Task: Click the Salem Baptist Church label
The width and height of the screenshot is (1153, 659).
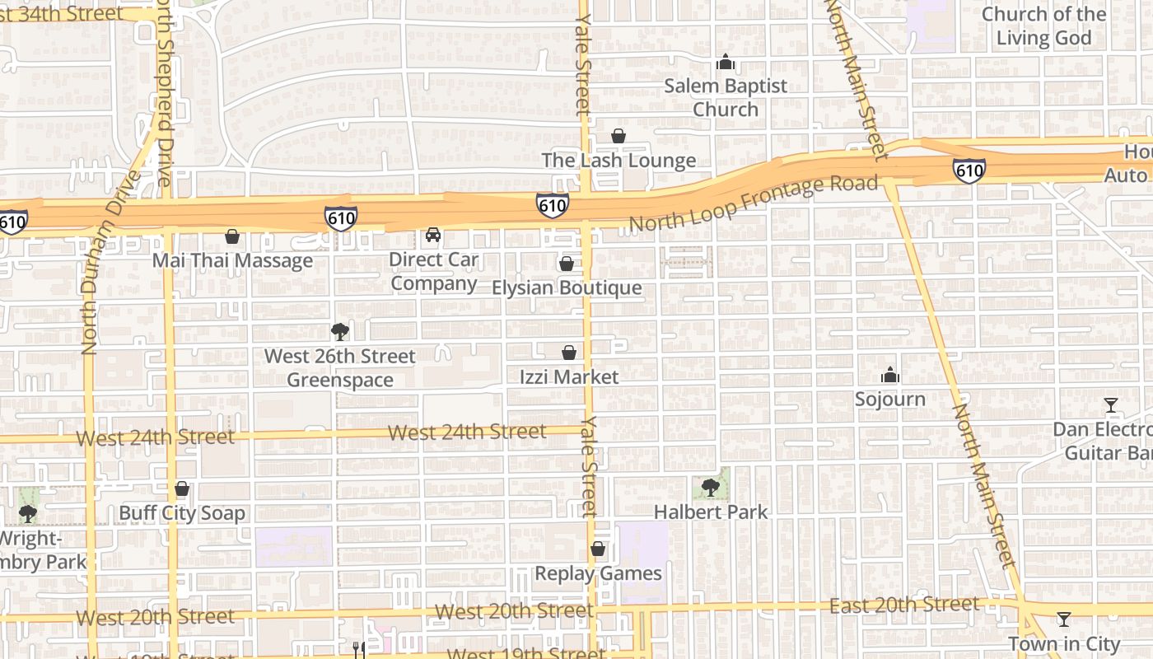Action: pyautogui.click(x=726, y=97)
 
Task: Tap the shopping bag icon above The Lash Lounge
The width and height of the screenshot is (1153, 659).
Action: pyautogui.click(x=619, y=136)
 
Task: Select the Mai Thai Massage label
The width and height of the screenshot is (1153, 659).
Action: pyautogui.click(x=233, y=261)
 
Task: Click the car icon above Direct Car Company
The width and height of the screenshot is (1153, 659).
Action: pyautogui.click(x=433, y=236)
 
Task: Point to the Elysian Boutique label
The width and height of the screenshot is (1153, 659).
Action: pyautogui.click(x=567, y=287)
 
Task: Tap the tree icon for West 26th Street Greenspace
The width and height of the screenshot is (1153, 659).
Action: pyautogui.click(x=339, y=332)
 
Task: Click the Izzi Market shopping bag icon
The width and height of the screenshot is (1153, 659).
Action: pyautogui.click(x=568, y=353)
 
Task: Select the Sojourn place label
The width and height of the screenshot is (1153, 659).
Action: pyautogui.click(x=890, y=400)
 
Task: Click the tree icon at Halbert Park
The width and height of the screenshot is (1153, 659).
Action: pyautogui.click(x=711, y=488)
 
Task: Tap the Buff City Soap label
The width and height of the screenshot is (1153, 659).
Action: pyautogui.click(x=182, y=513)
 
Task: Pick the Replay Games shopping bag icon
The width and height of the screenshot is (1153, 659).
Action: pyautogui.click(x=598, y=549)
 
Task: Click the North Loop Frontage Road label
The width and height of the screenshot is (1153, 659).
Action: pyautogui.click(x=754, y=203)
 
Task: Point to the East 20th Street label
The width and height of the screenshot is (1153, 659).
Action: pyautogui.click(x=904, y=605)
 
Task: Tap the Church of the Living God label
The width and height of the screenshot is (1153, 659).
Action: pyautogui.click(x=1044, y=26)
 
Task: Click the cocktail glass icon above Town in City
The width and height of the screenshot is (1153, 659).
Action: pyautogui.click(x=1064, y=619)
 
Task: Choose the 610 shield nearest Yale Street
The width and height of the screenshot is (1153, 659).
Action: pyautogui.click(x=552, y=205)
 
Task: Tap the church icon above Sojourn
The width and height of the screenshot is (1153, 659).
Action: pyautogui.click(x=890, y=376)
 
